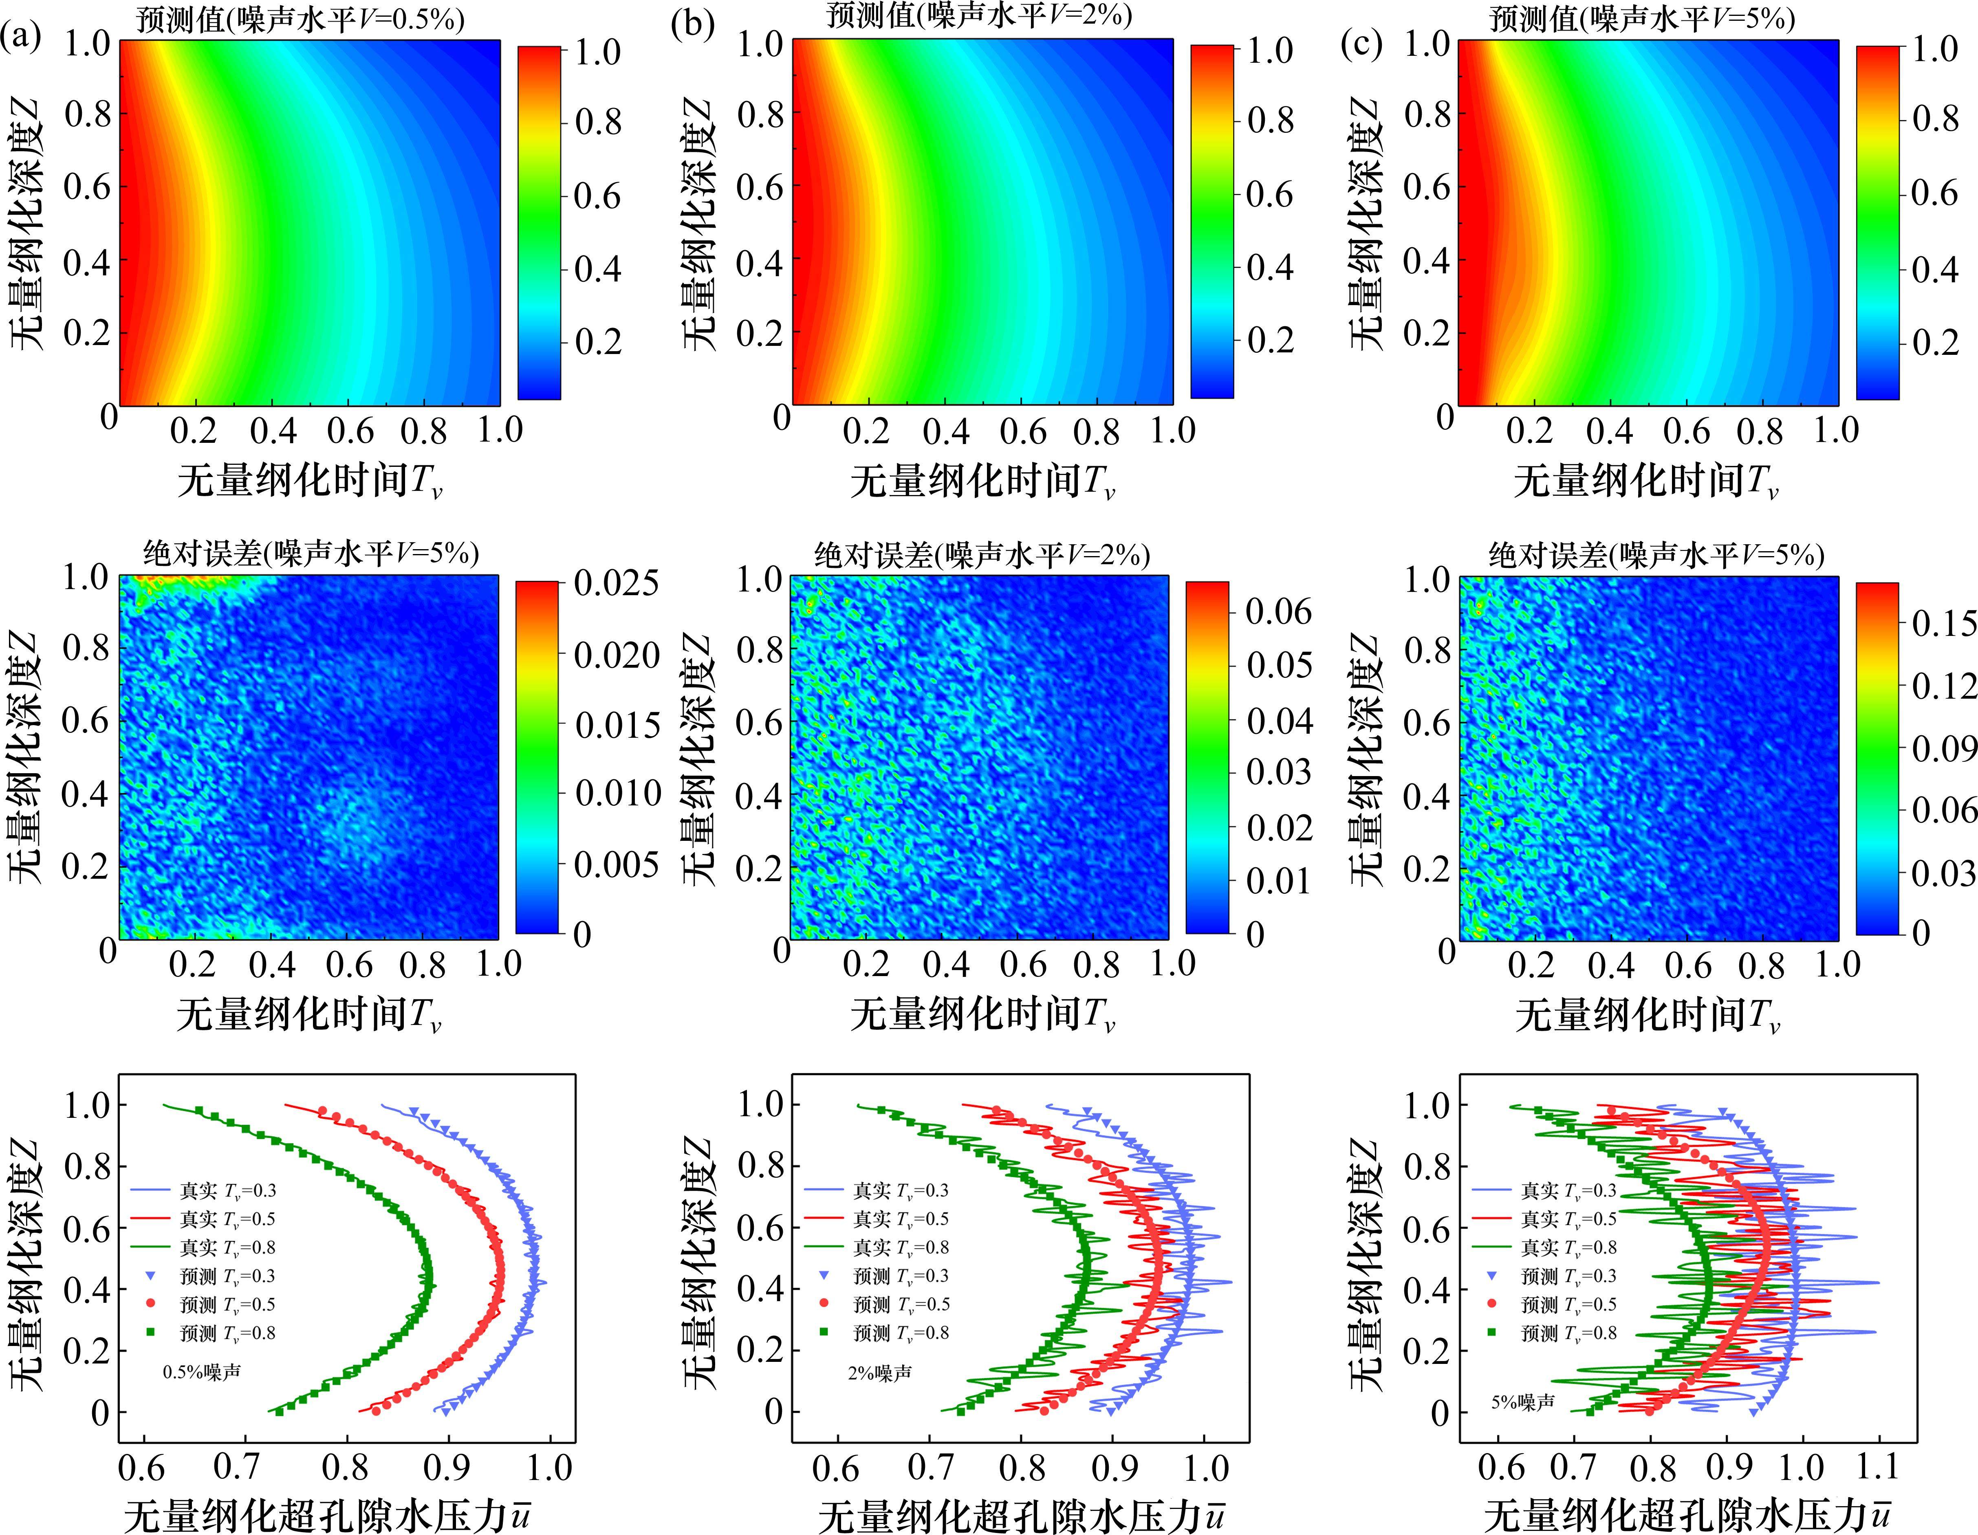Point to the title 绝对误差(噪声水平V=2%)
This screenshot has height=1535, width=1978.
(982, 554)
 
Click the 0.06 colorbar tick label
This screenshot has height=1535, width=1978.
(1278, 611)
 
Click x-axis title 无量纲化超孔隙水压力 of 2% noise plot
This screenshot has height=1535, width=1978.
(1021, 1516)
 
